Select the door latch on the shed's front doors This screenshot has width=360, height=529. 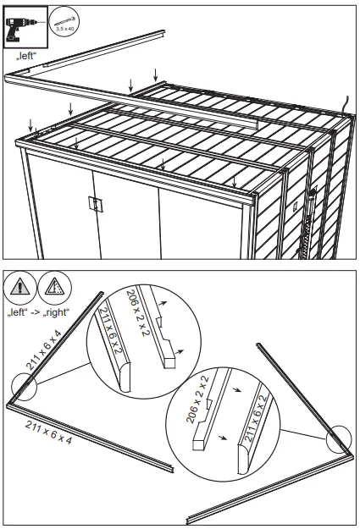point(95,203)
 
